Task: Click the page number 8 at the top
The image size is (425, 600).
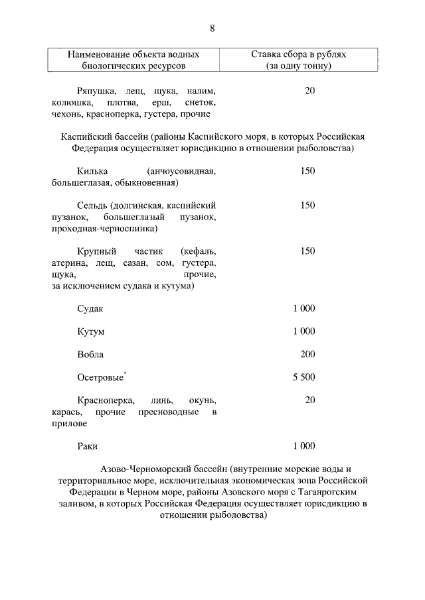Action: click(x=212, y=29)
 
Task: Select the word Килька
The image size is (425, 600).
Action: click(x=90, y=171)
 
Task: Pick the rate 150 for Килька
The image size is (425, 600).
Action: click(x=307, y=171)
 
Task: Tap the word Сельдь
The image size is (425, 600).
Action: click(x=92, y=206)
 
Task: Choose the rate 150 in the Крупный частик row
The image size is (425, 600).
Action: click(x=307, y=251)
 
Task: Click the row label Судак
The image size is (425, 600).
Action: click(x=90, y=308)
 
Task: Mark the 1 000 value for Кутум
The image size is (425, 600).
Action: click(x=303, y=331)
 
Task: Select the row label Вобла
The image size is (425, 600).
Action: click(x=90, y=354)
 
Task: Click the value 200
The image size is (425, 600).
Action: click(x=307, y=354)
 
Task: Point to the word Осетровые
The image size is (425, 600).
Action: click(x=100, y=377)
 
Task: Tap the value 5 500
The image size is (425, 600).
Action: click(x=303, y=377)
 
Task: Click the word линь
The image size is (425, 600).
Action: click(x=162, y=400)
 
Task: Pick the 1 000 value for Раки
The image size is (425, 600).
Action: click(x=303, y=446)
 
